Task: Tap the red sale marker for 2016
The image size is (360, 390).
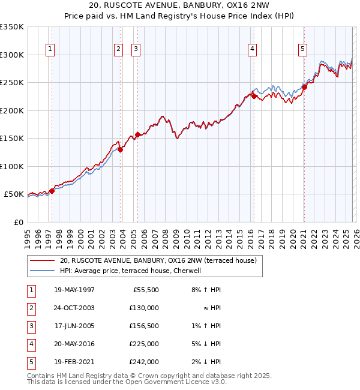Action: point(254,96)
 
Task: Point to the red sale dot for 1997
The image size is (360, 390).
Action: point(52,191)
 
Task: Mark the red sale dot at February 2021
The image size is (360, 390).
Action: point(304,87)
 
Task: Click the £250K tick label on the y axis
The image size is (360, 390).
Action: point(12,83)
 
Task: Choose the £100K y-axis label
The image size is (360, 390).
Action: point(12,166)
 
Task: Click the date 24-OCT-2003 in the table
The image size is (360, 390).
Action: point(74,308)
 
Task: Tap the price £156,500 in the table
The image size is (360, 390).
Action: point(145,326)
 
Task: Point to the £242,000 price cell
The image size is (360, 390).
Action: point(145,362)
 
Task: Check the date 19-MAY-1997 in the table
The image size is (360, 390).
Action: point(74,290)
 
